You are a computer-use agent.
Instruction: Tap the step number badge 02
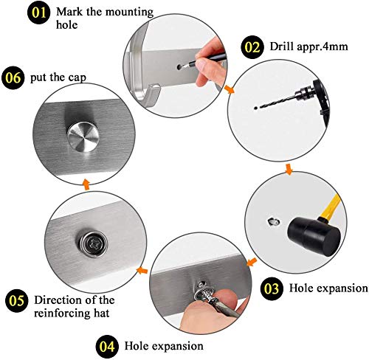tap(252, 47)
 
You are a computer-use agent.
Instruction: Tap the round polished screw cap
tap(79, 137)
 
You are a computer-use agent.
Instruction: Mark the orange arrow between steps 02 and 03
tap(289, 171)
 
